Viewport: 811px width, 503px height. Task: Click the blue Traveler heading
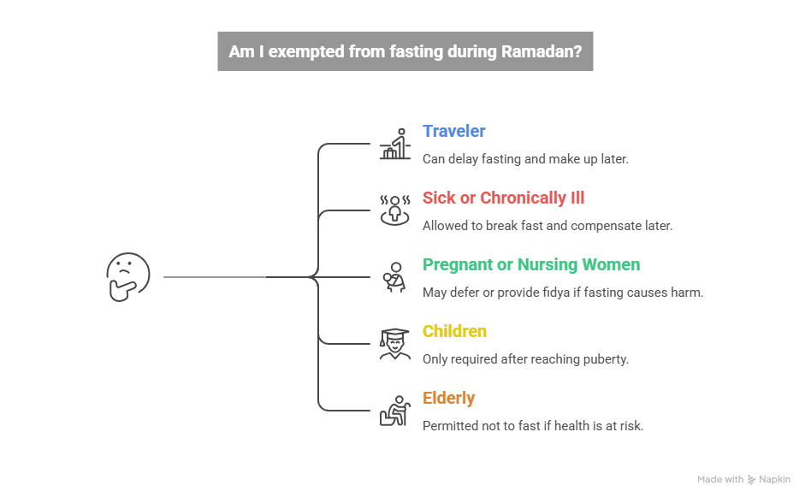(x=453, y=131)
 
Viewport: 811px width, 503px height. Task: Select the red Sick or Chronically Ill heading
(x=503, y=198)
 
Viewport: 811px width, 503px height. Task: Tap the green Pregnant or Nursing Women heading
(x=530, y=264)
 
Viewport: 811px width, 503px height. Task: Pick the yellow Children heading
(x=454, y=331)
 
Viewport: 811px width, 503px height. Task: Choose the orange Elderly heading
(x=448, y=398)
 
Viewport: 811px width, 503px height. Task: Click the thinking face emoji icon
(x=128, y=277)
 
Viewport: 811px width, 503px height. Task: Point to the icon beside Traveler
(x=394, y=145)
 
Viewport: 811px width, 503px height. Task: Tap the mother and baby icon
(x=394, y=277)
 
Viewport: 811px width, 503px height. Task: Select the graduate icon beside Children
(x=394, y=344)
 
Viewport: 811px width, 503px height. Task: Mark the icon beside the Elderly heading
(x=394, y=411)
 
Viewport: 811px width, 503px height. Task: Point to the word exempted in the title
(x=303, y=52)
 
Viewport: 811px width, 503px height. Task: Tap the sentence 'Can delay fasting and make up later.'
(x=525, y=159)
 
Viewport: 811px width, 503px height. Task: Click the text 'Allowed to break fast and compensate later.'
(x=547, y=226)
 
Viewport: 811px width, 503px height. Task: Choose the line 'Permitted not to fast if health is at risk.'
(x=532, y=426)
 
